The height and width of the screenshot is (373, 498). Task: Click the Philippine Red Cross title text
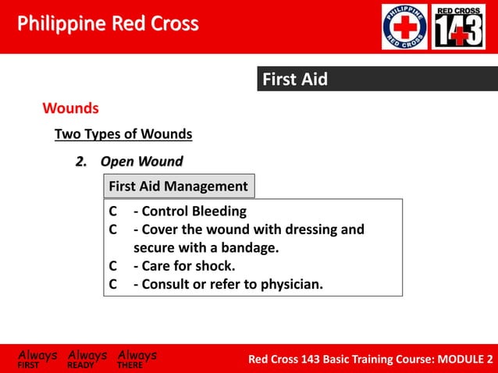click(108, 24)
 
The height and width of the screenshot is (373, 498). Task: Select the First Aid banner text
click(294, 80)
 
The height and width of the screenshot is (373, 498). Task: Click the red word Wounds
click(70, 107)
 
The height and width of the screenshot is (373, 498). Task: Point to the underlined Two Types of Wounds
click(123, 134)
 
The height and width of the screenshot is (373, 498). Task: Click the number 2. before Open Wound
click(80, 162)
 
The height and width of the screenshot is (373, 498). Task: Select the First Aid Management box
click(178, 186)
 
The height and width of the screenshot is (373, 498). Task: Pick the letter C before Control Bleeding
click(113, 211)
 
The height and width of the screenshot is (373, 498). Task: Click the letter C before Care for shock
click(113, 266)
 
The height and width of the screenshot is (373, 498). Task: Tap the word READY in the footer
click(81, 364)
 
